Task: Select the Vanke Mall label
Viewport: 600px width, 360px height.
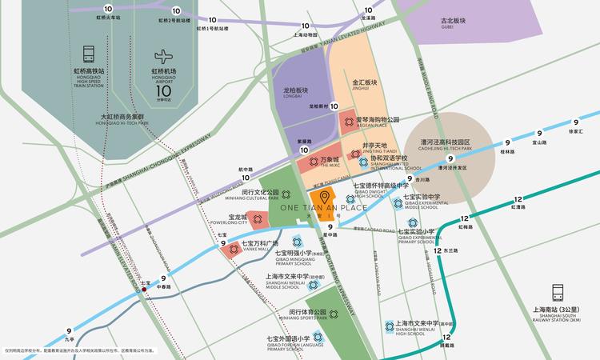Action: pos(262,246)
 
